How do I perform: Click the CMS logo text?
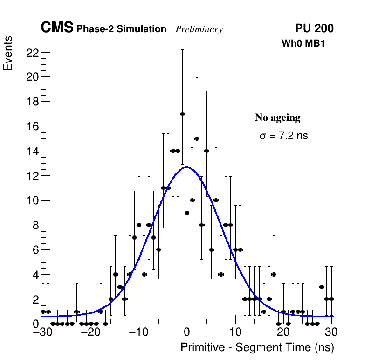pyautogui.click(x=57, y=28)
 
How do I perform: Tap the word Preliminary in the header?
pyautogui.click(x=199, y=29)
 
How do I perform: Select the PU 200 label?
pyautogui.click(x=314, y=28)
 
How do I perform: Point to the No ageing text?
pyautogui.click(x=278, y=118)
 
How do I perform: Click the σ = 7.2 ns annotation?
pyautogui.click(x=284, y=136)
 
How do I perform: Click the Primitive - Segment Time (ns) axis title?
pyautogui.click(x=257, y=347)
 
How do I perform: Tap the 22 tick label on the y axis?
pyautogui.click(x=31, y=52)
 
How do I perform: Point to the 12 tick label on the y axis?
pyautogui.click(x=31, y=176)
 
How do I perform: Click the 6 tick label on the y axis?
pyautogui.click(x=34, y=250)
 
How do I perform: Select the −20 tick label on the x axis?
pyautogui.click(x=90, y=333)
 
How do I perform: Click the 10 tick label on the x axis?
pyautogui.click(x=235, y=333)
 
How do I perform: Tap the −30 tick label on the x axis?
pyautogui.click(x=41, y=333)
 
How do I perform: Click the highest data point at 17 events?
pyautogui.click(x=182, y=114)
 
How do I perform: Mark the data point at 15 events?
pyautogui.click(x=197, y=138)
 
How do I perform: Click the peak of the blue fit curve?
pyautogui.click(x=187, y=167)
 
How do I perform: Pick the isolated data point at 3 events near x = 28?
pyautogui.click(x=322, y=287)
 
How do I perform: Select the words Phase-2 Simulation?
pyautogui.click(x=121, y=29)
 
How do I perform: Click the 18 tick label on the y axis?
pyautogui.click(x=31, y=102)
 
